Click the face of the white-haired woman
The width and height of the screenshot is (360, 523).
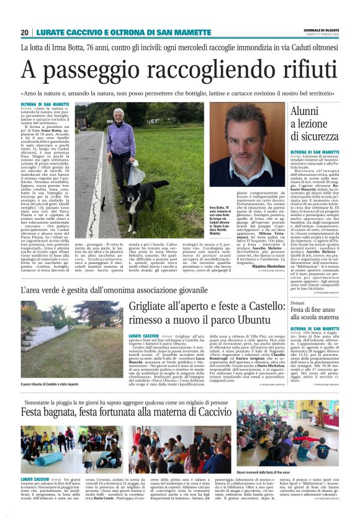119,115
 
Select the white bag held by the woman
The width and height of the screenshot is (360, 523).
136,175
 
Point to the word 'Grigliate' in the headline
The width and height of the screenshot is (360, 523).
155,307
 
